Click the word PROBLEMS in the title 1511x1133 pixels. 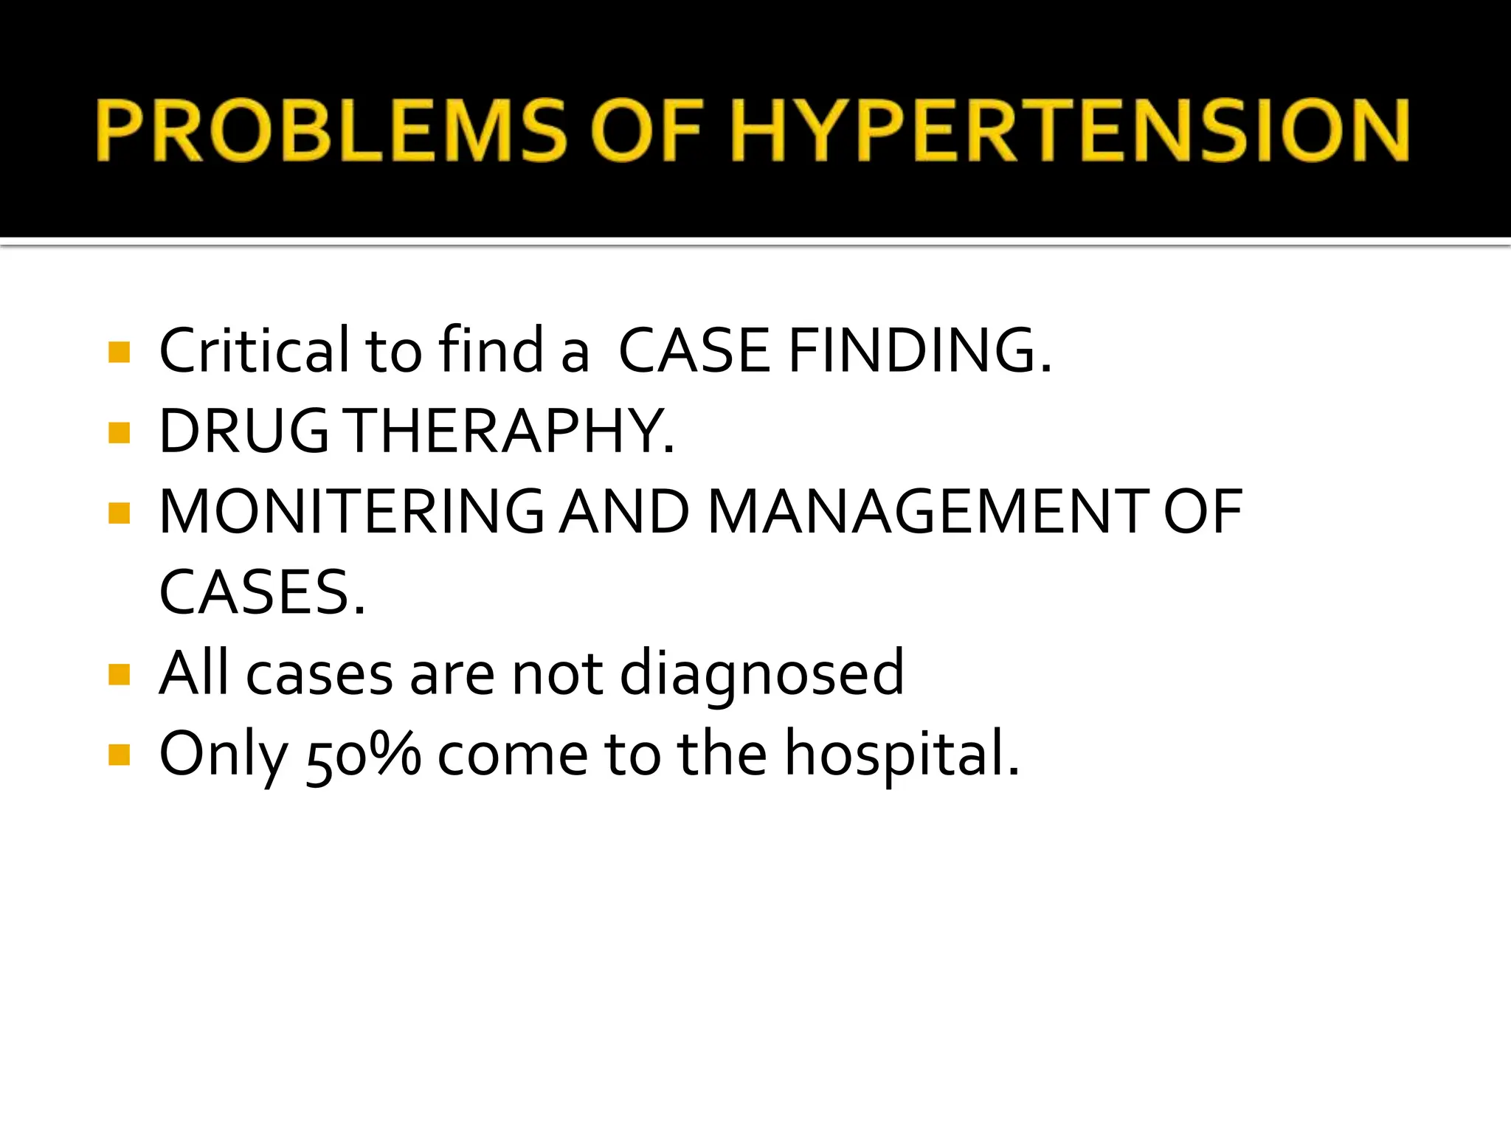coord(330,131)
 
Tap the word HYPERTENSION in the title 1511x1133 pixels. coord(1069,131)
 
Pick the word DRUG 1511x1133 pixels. coord(244,431)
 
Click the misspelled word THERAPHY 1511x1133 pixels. coord(511,431)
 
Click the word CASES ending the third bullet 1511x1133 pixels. coord(262,592)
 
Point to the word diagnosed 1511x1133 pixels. coord(761,673)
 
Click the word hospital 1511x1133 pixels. coord(902,754)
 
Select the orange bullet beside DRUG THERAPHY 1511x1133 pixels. coord(119,432)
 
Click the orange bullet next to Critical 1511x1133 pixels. coord(119,352)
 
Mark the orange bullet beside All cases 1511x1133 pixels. coord(119,675)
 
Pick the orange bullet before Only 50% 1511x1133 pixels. coord(119,755)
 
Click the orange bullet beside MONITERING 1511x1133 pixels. coord(119,513)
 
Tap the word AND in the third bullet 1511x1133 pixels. coord(624,512)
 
